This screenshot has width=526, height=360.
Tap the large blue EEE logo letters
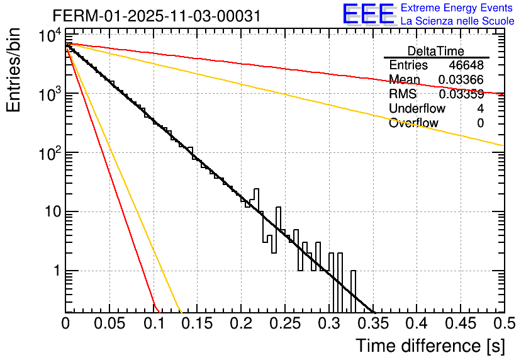(x=368, y=14)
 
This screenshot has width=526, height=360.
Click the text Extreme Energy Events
(x=457, y=8)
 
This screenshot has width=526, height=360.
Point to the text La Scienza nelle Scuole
(x=457, y=21)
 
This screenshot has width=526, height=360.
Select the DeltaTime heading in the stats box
(x=436, y=51)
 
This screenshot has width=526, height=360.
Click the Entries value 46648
(x=466, y=65)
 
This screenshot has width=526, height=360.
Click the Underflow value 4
(x=480, y=109)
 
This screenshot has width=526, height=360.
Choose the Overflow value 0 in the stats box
(x=480, y=123)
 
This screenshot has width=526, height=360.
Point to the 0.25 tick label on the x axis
(x=241, y=324)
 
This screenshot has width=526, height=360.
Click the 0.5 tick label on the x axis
(x=503, y=324)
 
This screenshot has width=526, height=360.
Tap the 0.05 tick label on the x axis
(x=109, y=324)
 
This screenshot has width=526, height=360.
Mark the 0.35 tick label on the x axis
(x=328, y=324)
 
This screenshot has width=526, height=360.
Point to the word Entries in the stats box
(x=408, y=65)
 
